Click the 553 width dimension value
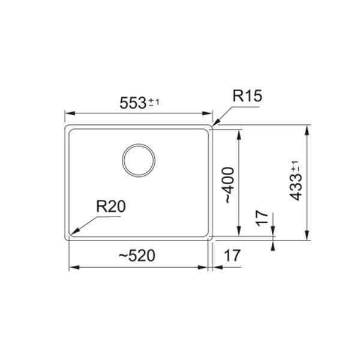133,103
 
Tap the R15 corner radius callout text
247,96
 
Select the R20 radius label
111,206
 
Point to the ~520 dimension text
137,256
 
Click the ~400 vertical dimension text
229,185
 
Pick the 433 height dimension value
296,187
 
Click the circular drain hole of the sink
139,160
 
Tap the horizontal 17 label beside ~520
232,256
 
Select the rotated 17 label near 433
262,218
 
